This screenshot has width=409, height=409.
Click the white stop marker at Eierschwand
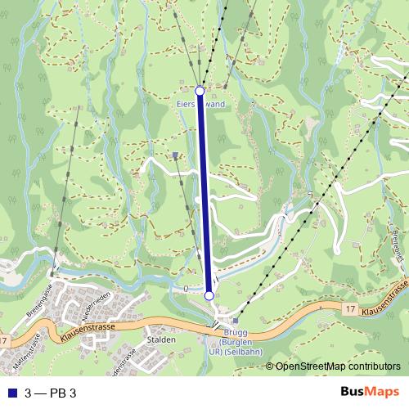pyautogui.click(x=200, y=90)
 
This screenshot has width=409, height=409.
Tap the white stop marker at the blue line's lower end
pyautogui.click(x=209, y=295)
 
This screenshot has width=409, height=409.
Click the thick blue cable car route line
pyautogui.click(x=204, y=192)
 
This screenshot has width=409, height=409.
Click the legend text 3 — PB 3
pyautogui.click(x=51, y=393)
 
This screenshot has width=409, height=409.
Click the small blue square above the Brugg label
pyautogui.click(x=236, y=321)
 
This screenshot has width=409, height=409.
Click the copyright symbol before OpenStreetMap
pyautogui.click(x=270, y=366)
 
